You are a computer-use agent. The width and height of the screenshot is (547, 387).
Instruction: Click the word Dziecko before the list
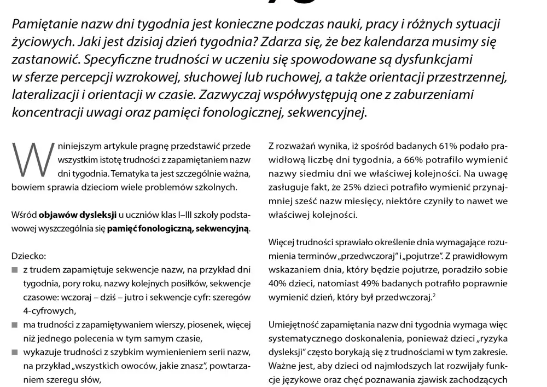coord(26,255)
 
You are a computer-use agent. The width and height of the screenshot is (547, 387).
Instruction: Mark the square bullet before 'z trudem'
coord(15,270)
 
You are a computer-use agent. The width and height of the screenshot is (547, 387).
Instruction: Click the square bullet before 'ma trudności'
coord(15,325)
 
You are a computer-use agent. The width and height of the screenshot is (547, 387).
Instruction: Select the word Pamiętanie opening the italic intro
coord(45,25)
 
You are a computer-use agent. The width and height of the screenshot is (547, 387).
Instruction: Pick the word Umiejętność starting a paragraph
coord(296,324)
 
